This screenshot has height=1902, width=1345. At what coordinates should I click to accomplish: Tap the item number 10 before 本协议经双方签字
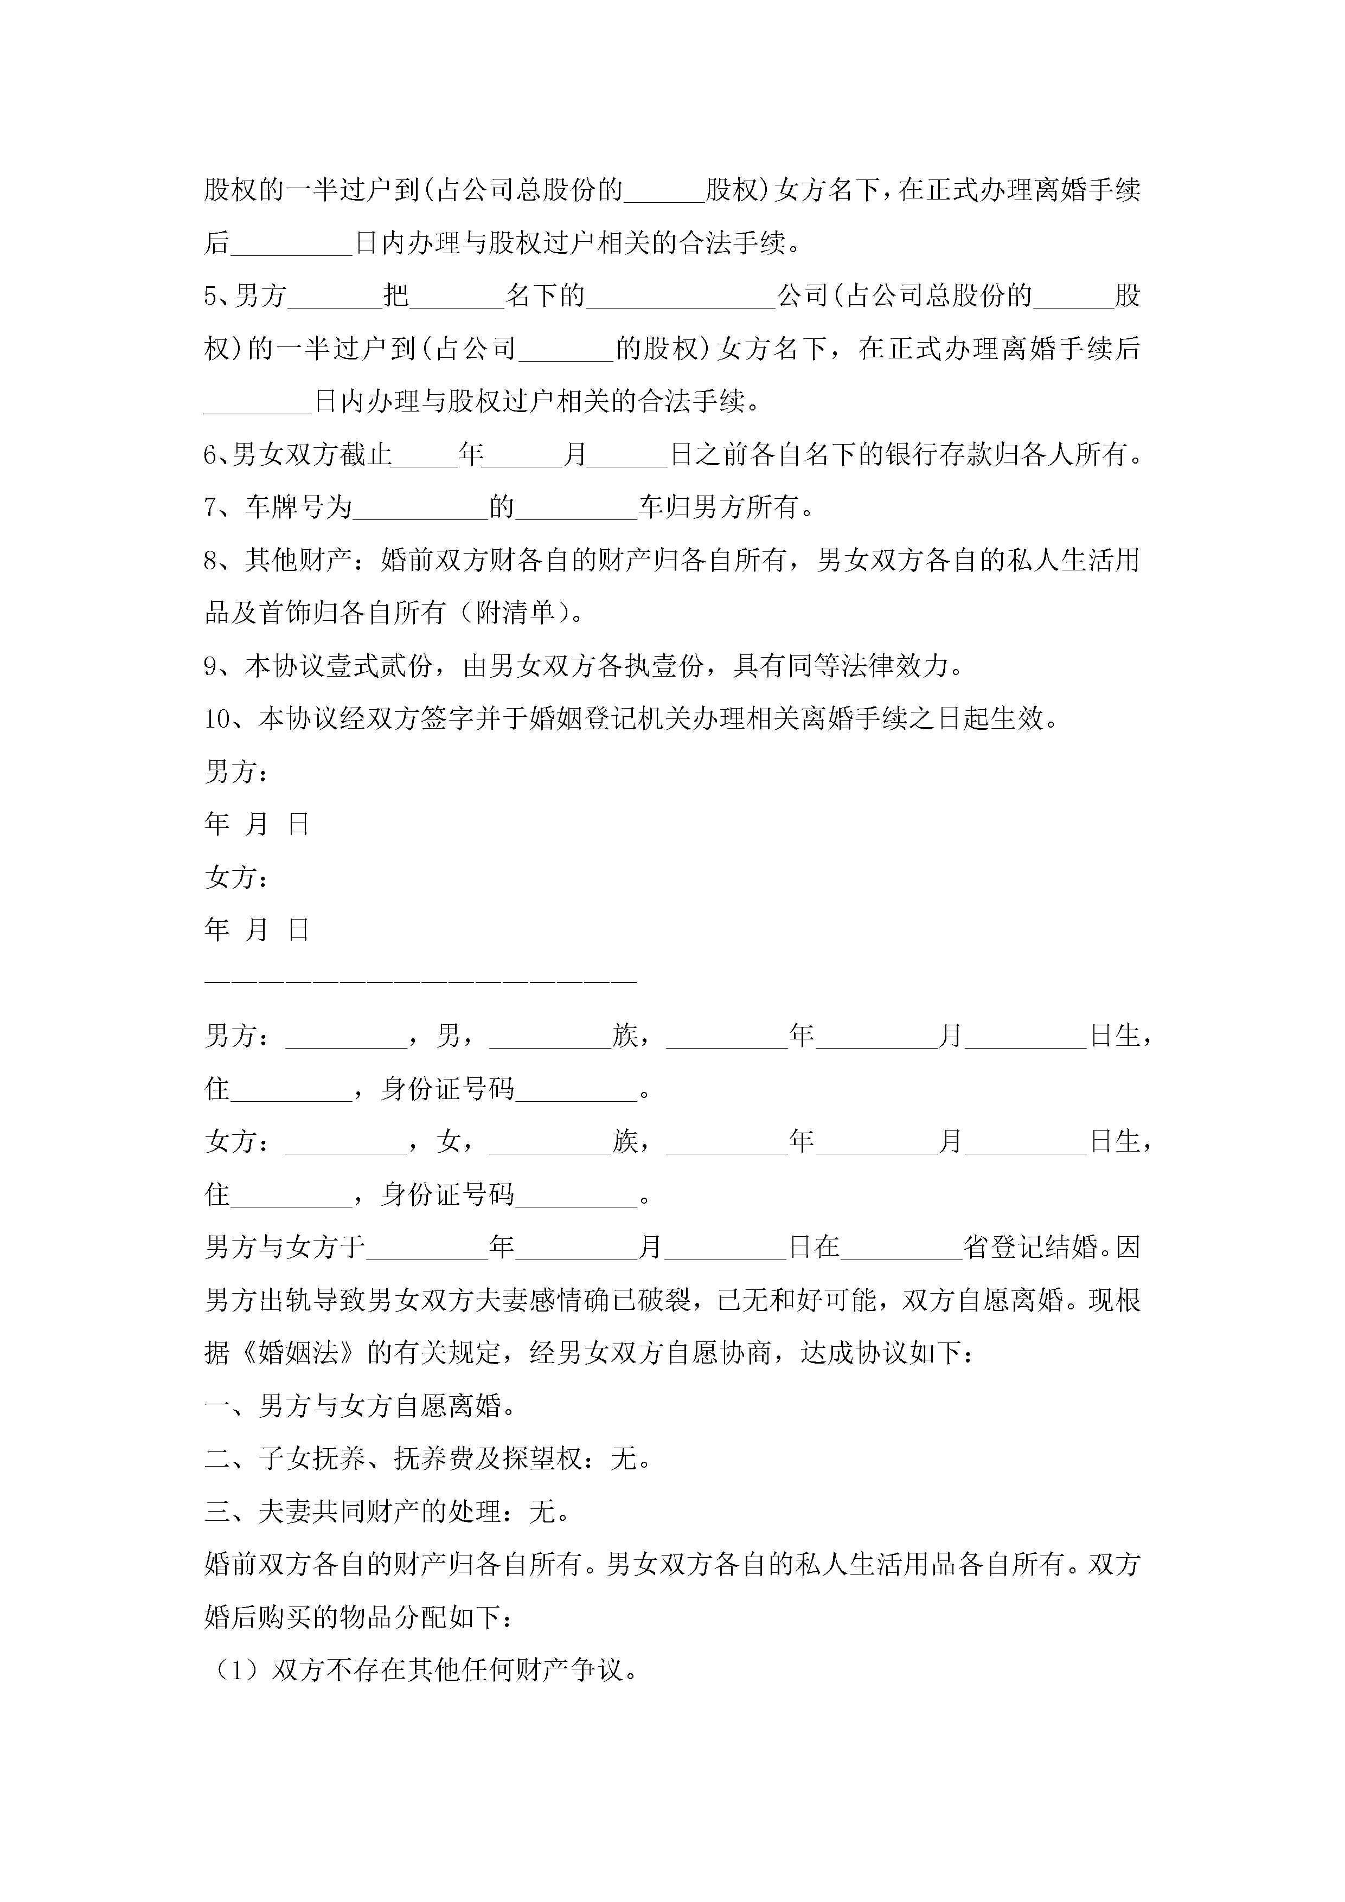[x=218, y=719]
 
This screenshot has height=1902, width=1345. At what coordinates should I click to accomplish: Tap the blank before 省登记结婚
[x=902, y=1246]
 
